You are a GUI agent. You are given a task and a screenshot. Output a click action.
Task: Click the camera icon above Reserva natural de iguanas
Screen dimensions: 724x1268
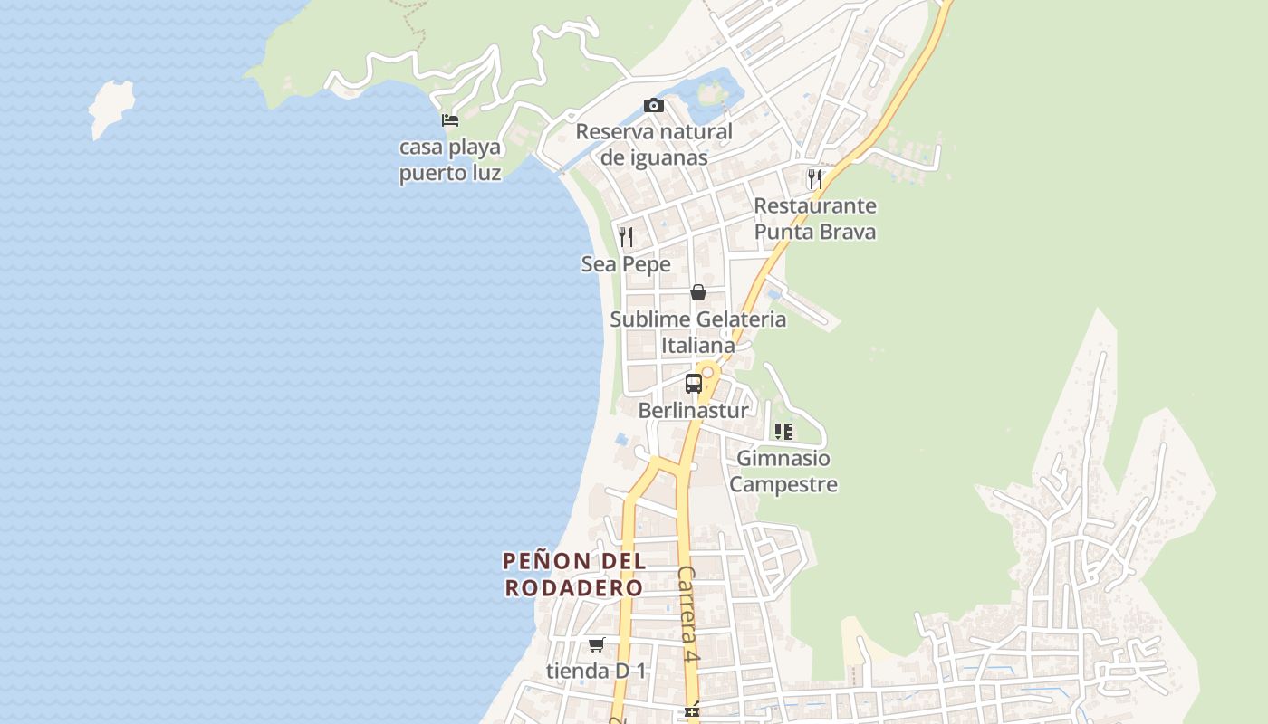point(653,106)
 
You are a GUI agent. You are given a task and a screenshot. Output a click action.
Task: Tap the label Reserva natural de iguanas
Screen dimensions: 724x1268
point(654,145)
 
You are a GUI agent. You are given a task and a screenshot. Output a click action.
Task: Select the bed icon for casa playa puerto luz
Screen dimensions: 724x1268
point(450,119)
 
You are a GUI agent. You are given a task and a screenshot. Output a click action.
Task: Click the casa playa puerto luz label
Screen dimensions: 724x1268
point(450,159)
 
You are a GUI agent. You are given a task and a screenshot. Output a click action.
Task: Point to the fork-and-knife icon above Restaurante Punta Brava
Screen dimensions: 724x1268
point(815,178)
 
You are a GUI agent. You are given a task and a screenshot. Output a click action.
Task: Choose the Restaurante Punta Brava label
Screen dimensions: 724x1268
point(815,219)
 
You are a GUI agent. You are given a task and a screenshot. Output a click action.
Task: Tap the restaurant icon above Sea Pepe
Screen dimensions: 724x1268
point(626,237)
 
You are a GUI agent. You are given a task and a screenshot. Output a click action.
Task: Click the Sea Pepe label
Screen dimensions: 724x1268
point(626,264)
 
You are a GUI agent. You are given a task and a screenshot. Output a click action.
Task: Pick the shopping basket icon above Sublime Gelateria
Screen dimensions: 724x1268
point(698,292)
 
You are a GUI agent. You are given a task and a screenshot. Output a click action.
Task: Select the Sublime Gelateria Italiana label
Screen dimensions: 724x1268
point(697,332)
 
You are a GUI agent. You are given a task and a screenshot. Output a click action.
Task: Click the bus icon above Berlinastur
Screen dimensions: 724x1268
point(693,383)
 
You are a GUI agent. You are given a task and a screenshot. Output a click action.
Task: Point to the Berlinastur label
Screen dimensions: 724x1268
point(694,411)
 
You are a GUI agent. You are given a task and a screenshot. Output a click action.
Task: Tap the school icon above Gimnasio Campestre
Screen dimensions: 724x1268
point(783,432)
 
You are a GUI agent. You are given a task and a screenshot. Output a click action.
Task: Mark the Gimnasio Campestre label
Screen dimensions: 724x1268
point(783,472)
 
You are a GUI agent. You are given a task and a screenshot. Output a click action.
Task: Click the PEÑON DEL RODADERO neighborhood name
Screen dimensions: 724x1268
point(574,574)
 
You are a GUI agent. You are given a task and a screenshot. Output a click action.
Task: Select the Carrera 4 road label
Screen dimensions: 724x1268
point(689,615)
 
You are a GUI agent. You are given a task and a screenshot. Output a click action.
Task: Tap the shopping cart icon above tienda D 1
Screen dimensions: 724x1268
point(596,644)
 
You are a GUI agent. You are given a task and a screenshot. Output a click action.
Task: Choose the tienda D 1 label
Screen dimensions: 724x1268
point(597,672)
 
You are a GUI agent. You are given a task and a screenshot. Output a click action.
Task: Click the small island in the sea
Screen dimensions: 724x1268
point(111,107)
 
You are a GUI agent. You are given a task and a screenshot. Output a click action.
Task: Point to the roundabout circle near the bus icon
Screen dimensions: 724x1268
point(708,372)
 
